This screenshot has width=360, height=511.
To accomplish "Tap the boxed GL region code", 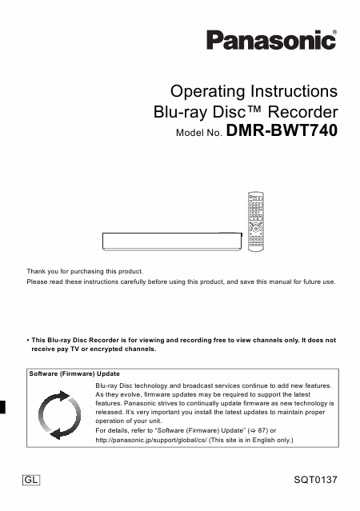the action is tap(31, 481).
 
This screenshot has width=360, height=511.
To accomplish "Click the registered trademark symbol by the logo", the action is tap(334, 31).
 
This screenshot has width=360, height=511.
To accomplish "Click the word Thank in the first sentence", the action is tap(37, 270).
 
